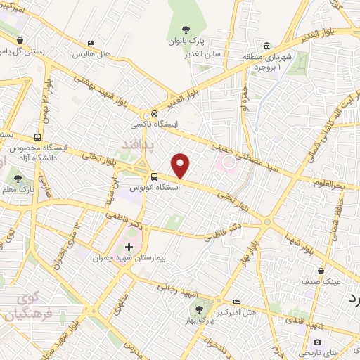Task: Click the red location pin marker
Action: pos(181,166)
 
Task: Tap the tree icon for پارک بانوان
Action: pos(186,30)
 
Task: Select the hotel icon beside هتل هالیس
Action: pos(90,42)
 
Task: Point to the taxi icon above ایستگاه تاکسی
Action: pos(154,114)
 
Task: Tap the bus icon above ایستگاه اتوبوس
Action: pos(154,176)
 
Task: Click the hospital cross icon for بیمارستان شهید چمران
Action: pos(128,247)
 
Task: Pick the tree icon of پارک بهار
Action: pos(198,309)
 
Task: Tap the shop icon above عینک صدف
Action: pos(321,270)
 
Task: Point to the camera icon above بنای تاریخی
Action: pos(317,342)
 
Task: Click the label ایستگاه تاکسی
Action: pos(154,124)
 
